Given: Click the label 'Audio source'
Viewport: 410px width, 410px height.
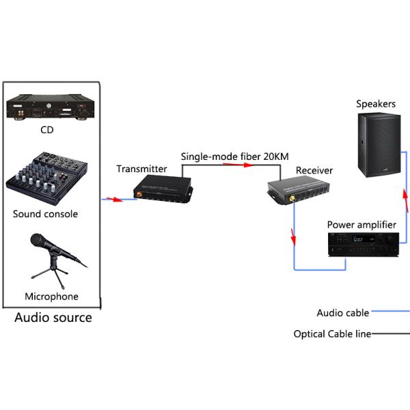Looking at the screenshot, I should coord(53,318).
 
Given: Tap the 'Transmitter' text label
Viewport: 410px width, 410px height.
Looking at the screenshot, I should coord(141,169).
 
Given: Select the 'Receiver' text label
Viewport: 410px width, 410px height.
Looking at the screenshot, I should coord(314,170).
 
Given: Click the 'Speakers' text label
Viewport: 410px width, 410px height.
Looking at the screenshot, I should coord(376,104).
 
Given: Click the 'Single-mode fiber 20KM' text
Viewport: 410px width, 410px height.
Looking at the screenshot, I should coord(230,156).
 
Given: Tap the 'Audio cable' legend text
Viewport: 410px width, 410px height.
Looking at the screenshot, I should coord(342,313).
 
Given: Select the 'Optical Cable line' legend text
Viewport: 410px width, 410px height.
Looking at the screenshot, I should coord(332,334).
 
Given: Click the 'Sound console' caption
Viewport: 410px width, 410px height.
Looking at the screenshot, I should coord(46,214).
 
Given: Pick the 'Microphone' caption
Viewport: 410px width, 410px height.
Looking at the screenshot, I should coord(51,297).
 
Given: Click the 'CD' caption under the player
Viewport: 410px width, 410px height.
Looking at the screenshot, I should coord(46,130).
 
